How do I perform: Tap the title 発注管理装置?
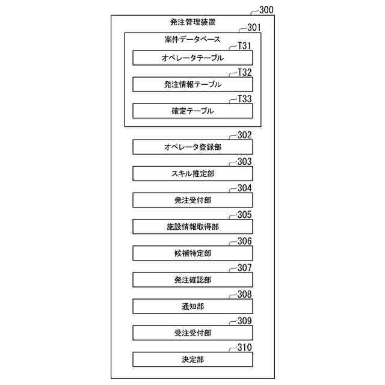[192, 22]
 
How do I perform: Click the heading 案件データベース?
[192, 40]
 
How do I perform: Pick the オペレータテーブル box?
[192, 58]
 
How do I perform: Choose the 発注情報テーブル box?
[192, 85]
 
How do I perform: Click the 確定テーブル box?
[192, 111]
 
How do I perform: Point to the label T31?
[244, 45]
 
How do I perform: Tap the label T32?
[244, 72]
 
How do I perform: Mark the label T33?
[244, 99]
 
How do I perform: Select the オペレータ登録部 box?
[192, 147]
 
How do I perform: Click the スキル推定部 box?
[192, 173]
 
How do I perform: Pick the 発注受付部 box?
[192, 200]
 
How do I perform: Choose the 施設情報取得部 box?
[192, 227]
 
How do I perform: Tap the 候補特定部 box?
[192, 253]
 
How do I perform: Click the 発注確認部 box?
[192, 280]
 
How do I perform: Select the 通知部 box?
[192, 306]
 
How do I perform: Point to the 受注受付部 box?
[192, 333]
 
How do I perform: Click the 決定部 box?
[192, 359]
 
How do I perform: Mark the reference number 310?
[244, 347]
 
